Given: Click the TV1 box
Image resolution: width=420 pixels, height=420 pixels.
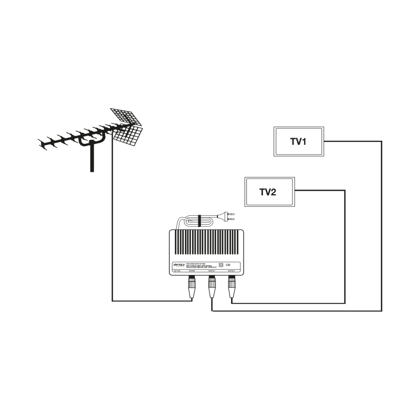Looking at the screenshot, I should (x=299, y=141).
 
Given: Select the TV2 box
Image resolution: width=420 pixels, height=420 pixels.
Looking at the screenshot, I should (x=270, y=192).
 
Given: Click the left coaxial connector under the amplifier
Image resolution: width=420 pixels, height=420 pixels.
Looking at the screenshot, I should (x=192, y=287).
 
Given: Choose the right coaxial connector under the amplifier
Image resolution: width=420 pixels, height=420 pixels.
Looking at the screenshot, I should (x=231, y=287).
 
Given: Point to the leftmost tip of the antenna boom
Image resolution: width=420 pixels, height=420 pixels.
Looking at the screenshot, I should (x=40, y=142).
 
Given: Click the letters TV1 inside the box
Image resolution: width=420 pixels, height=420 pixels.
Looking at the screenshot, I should (x=298, y=142).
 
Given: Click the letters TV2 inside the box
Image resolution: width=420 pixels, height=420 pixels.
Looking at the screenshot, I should (x=268, y=192).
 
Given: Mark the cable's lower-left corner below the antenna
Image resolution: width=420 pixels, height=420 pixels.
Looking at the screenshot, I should (x=112, y=301).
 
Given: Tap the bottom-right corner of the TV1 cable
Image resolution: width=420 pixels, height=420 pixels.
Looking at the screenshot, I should (x=382, y=311).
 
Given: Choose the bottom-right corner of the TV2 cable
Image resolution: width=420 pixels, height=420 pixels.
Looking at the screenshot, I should (x=345, y=303).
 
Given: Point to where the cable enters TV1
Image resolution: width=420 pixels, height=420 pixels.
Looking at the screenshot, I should (x=324, y=141).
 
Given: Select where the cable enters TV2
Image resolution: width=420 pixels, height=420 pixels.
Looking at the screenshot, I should (x=295, y=191).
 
